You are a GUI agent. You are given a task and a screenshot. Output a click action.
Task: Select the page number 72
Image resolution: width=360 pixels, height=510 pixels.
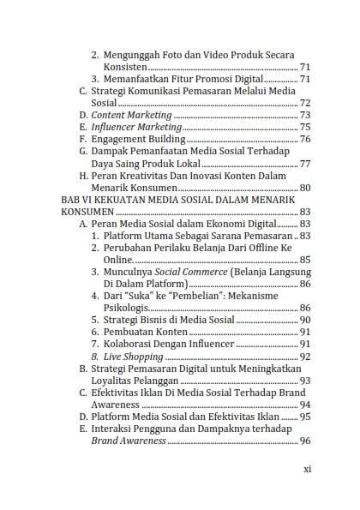click(x=304, y=103)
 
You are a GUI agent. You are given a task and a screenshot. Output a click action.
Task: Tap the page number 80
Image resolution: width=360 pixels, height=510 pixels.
click(x=304, y=187)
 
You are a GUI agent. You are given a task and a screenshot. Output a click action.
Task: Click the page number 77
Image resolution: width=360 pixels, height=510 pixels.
click(x=304, y=163)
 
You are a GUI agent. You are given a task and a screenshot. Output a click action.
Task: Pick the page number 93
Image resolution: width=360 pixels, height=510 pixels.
click(x=304, y=380)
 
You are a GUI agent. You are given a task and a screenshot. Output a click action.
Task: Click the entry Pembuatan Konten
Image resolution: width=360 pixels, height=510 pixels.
click(x=145, y=332)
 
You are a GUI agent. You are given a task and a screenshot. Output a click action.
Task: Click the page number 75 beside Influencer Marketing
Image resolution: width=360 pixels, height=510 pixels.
click(x=304, y=127)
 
